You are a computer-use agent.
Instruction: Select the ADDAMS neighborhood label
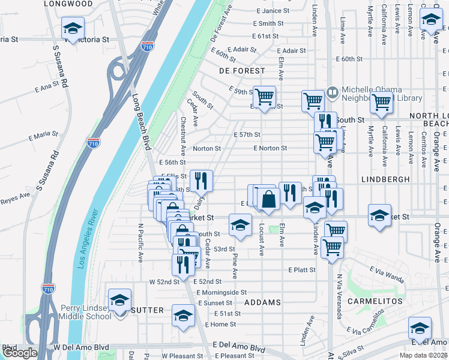[263, 302]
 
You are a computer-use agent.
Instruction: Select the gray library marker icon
[333, 93]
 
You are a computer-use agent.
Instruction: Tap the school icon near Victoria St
[73, 28]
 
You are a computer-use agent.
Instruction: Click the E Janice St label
[273, 11]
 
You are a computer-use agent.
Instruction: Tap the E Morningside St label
[222, 292]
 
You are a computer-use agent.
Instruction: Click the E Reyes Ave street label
[15, 197]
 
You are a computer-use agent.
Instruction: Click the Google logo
[20, 353]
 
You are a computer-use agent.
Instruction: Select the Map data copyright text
[424, 355]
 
